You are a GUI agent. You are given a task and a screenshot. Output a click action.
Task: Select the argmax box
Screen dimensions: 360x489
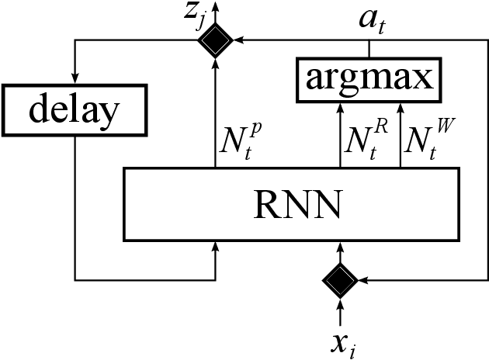pos(369,79)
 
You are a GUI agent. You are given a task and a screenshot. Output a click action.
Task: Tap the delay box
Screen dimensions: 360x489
pos(74,110)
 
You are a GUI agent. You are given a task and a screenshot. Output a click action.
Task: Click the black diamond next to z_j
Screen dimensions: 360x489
pos(215,40)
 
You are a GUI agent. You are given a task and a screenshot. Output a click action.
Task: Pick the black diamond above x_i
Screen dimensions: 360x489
pos(339,279)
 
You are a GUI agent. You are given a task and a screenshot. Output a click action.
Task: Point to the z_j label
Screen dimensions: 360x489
pos(189,17)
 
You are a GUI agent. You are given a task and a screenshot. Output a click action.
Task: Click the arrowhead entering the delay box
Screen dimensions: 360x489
pos(75,76)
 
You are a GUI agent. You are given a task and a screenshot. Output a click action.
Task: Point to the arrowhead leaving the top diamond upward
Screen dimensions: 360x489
pos(215,6)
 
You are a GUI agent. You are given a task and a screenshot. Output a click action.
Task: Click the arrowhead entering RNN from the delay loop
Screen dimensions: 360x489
pos(215,246)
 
